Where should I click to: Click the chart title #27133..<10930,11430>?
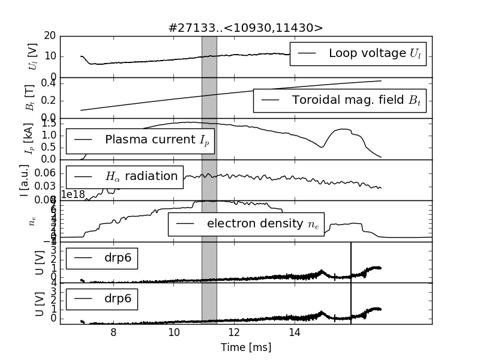pos(246,28)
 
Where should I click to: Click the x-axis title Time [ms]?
pos(246,347)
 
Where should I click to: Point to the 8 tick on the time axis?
pos(113,332)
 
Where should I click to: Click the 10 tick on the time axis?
pos(173,332)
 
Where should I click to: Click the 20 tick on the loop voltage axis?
pos(50,36)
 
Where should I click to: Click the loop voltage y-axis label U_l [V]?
pos(32,56)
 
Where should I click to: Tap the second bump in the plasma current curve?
pos(343,129)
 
